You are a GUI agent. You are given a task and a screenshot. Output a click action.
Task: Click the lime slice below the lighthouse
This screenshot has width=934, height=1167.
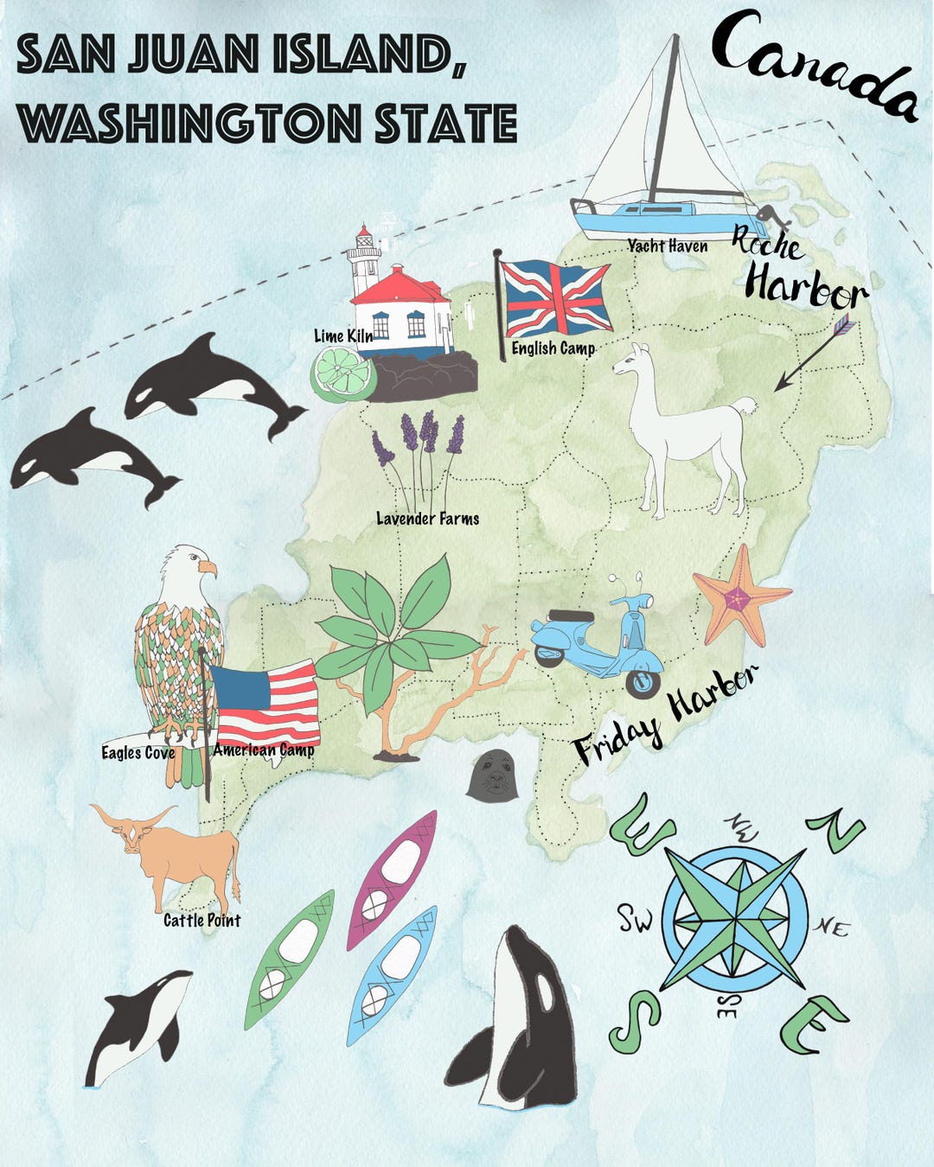(x=342, y=376)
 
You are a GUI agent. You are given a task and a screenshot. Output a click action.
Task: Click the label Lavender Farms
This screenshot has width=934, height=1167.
(x=427, y=519)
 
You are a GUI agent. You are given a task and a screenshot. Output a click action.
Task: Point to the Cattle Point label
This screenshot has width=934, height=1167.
(x=202, y=921)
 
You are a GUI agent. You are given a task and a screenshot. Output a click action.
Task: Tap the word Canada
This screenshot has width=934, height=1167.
(x=813, y=65)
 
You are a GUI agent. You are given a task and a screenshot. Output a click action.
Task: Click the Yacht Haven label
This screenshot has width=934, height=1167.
(x=667, y=246)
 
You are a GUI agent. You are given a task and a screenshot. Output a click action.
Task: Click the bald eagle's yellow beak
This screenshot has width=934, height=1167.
(x=208, y=568)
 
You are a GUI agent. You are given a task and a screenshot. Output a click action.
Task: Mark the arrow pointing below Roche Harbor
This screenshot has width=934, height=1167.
(x=813, y=354)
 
